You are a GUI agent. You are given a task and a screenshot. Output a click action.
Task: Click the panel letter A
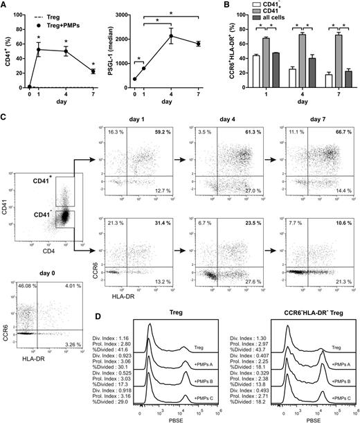pos(5,6)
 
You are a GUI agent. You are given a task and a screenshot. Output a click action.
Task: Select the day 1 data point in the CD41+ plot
pos(39,50)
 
